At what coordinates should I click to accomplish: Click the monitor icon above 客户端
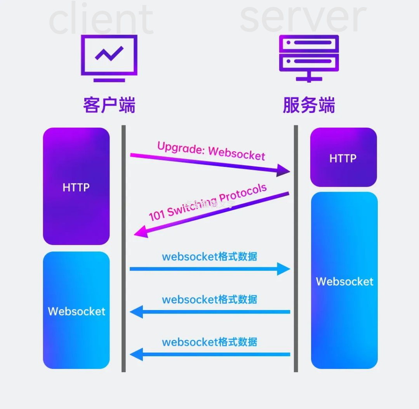109,58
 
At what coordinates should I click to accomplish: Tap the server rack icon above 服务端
309,58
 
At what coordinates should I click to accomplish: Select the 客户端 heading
109,105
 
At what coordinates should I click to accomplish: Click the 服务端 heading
309,105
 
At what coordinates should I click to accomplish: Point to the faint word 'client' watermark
101,19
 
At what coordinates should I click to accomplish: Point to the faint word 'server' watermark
303,17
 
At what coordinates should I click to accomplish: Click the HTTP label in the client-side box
76,187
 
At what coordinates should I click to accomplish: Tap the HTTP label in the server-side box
343,158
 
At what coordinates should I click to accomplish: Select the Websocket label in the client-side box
76,311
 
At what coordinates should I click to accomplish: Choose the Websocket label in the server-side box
344,281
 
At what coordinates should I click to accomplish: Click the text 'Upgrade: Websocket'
211,151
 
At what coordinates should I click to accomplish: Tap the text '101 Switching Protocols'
208,202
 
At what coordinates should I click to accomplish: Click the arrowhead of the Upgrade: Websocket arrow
284,170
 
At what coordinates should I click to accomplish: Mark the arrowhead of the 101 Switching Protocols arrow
140,232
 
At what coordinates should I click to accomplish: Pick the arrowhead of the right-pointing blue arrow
284,269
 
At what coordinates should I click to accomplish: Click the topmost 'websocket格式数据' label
210,256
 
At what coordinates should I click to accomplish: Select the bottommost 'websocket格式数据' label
210,342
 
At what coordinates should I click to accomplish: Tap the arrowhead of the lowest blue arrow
136,354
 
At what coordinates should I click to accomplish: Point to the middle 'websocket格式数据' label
210,299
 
